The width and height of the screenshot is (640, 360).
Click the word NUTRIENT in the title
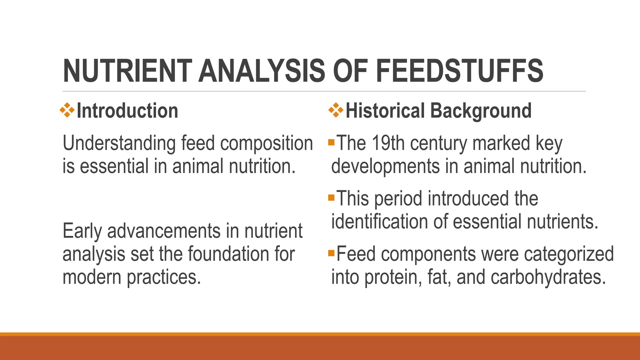(127, 71)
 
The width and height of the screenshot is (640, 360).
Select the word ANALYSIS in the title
(262, 71)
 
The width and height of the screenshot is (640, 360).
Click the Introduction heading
(127, 111)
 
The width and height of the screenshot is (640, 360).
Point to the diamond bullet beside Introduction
(67, 110)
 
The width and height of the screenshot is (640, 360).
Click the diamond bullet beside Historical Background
(336, 110)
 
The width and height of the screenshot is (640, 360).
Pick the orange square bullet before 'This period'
(331, 197)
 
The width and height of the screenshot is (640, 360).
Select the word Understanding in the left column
(119, 144)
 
